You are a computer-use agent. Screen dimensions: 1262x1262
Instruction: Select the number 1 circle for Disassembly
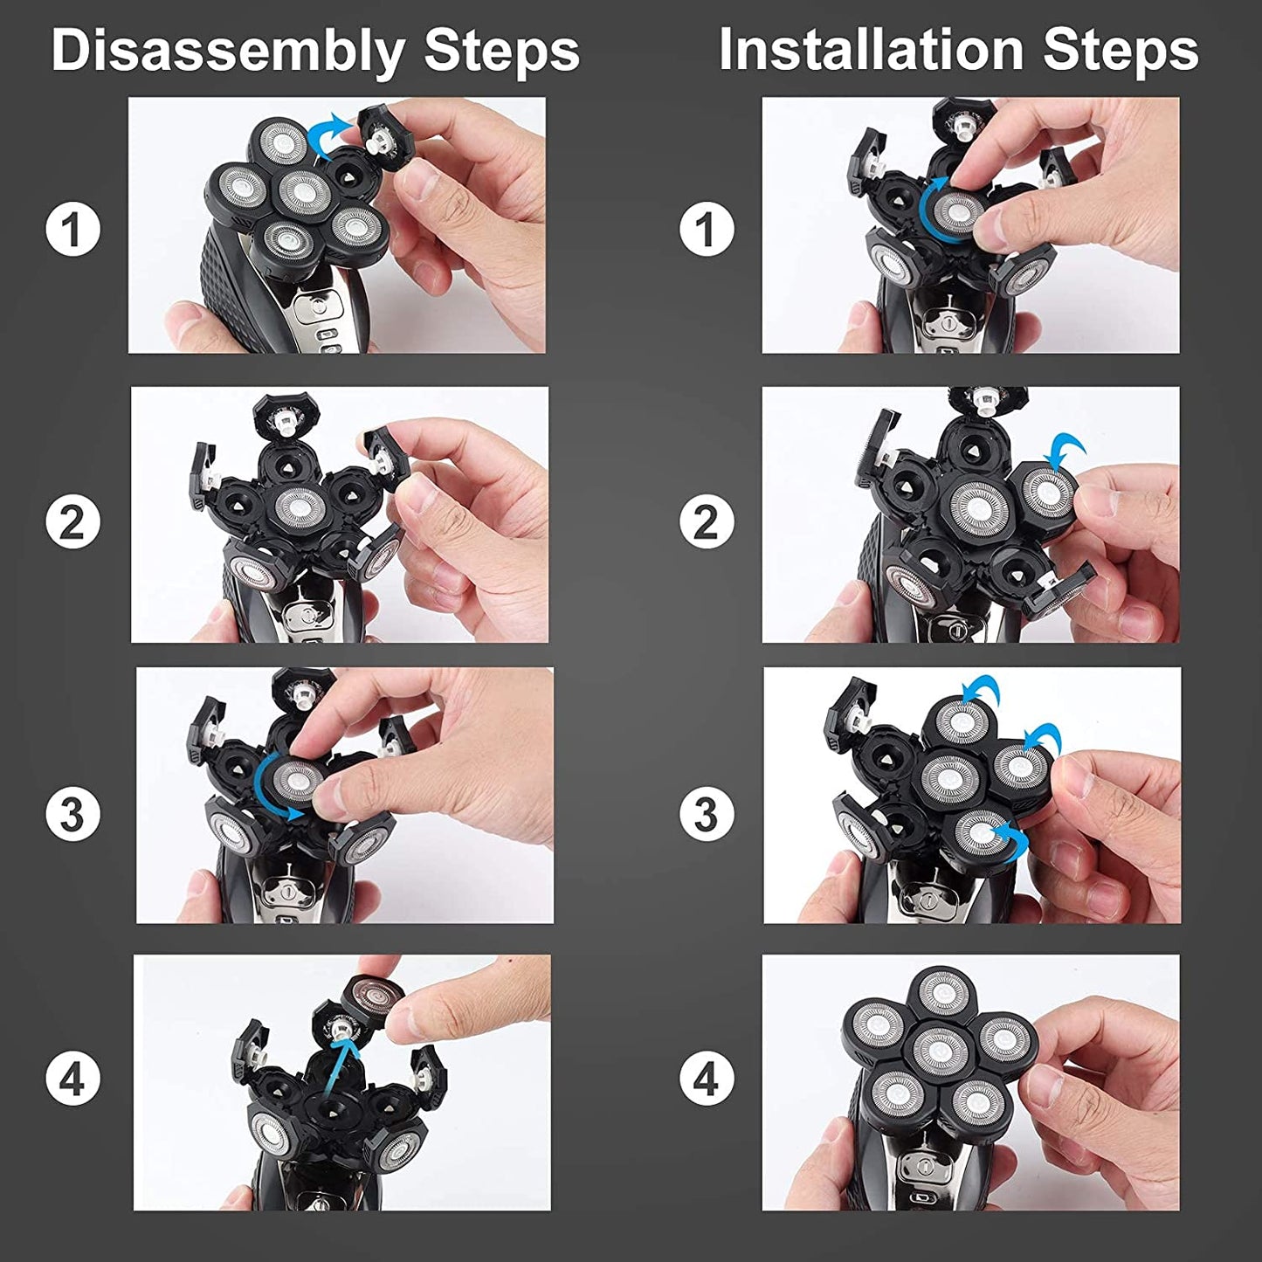click(x=72, y=229)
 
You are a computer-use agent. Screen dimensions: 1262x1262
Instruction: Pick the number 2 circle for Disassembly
click(x=72, y=522)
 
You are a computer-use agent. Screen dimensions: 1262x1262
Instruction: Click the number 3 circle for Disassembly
click(x=72, y=814)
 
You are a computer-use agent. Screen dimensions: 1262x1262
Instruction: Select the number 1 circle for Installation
click(x=706, y=229)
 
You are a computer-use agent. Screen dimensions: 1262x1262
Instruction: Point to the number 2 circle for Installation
click(x=706, y=522)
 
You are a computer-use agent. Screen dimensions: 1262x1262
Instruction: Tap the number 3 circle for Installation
click(x=706, y=814)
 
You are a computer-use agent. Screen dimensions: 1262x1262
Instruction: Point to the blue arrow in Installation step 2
click(x=1066, y=452)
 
